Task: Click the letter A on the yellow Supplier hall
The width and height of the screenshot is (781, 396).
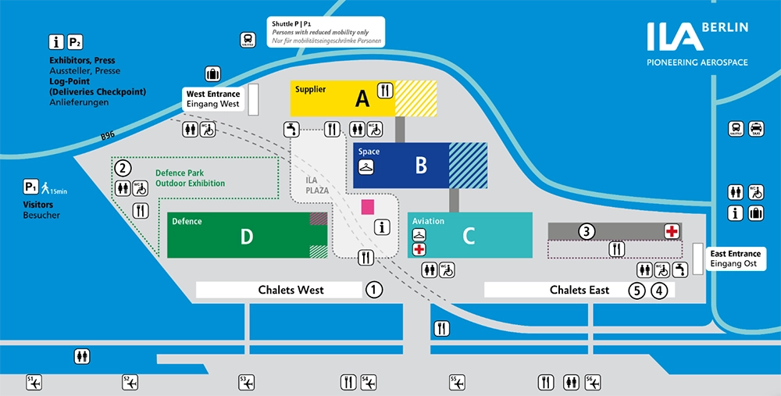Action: [x=362, y=98]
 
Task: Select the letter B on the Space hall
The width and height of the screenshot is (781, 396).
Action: [x=421, y=165]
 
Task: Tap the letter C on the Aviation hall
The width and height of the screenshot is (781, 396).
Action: [x=469, y=235]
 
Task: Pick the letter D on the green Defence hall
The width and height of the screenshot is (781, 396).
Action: [x=247, y=236]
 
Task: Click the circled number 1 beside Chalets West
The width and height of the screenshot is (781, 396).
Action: [x=375, y=290]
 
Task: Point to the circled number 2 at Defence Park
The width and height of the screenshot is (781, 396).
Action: [x=122, y=167]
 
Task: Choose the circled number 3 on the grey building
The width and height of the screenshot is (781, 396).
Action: [x=587, y=230]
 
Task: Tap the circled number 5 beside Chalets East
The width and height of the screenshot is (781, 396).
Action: [x=637, y=291]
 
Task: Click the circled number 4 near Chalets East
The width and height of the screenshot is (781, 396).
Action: [x=660, y=291]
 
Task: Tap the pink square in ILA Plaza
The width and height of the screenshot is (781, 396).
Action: [x=367, y=207]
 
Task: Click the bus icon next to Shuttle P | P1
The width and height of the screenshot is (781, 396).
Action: [x=248, y=40]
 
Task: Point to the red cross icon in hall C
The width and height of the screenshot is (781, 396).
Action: [x=419, y=249]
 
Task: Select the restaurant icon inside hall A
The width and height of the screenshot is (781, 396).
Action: [x=384, y=91]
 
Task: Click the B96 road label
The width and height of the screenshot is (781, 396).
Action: [x=108, y=134]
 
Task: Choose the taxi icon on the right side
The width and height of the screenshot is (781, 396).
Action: [x=756, y=129]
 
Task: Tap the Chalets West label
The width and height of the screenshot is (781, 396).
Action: [x=291, y=290]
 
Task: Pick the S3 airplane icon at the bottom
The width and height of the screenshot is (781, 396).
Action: [x=248, y=382]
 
